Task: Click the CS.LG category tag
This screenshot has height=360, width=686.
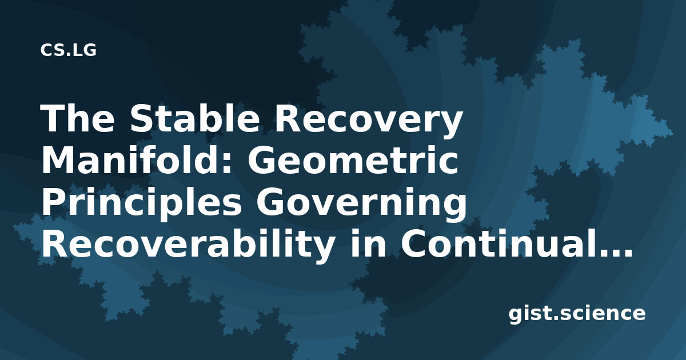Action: point(68,50)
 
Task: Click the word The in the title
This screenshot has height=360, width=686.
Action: point(78,119)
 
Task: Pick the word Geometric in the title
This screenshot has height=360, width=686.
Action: point(353,161)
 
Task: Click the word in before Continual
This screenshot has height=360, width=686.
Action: point(368,244)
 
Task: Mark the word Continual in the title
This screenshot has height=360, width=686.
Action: point(497,244)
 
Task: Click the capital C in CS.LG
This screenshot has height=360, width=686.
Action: point(46,50)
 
